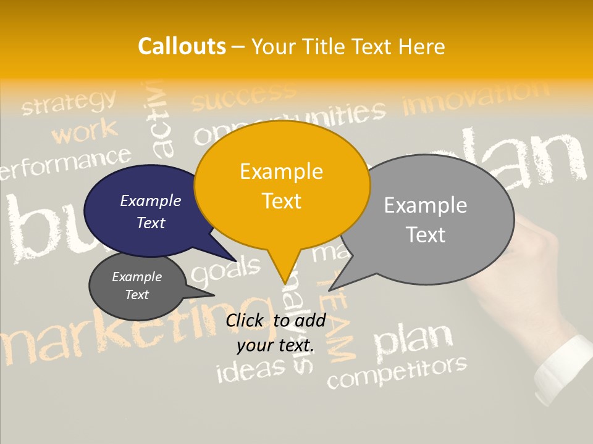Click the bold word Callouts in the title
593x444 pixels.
click(x=182, y=46)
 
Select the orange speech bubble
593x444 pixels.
click(x=282, y=185)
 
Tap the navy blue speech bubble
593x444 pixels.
click(x=148, y=212)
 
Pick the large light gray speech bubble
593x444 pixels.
click(x=432, y=219)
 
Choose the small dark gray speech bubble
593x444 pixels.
click(x=137, y=286)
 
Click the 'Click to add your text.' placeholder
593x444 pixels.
click(x=275, y=332)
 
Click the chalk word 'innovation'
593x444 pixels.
click(x=475, y=99)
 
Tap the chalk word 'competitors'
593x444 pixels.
click(x=397, y=372)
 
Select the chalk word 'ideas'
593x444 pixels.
click(x=251, y=369)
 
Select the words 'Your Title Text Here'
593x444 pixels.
click(x=348, y=46)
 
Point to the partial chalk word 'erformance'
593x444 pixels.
click(x=65, y=162)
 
